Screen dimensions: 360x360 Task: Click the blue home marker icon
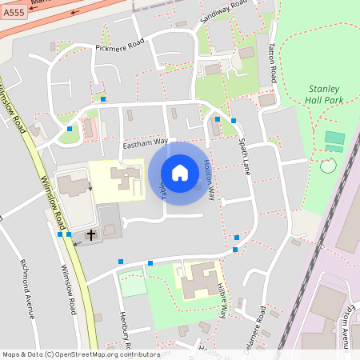(179, 173)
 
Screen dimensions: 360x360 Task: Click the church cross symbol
(91, 234)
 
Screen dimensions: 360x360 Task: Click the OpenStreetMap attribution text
(81, 354)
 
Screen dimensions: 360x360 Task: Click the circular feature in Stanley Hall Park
(327, 166)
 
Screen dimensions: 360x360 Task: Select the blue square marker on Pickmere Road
(103, 99)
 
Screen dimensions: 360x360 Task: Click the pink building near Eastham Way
(90, 127)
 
